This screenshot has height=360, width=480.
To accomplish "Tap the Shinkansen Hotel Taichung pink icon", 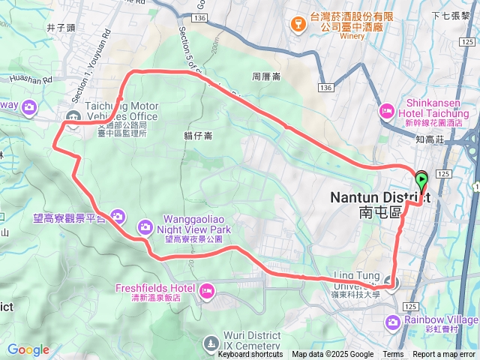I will (387, 111).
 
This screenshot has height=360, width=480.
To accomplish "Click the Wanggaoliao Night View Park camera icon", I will (145, 226).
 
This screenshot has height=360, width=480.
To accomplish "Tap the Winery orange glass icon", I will (297, 25).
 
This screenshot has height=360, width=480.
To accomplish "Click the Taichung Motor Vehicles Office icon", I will (73, 116).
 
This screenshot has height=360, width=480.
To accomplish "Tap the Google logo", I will (28, 349).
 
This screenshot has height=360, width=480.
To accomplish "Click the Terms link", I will (393, 355).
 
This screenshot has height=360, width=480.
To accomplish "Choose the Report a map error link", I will (445, 355).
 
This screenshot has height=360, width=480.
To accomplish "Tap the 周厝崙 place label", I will (266, 76).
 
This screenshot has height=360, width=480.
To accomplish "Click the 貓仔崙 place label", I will (198, 136).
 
